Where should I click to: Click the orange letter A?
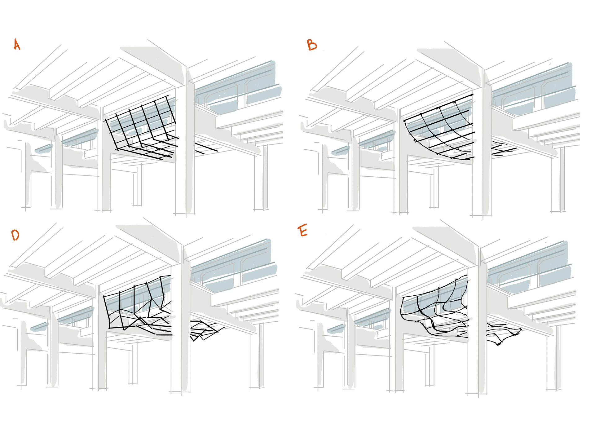pos(17,45)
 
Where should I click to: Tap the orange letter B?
pos(312,45)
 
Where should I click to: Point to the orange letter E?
pos(303,231)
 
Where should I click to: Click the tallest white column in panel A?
pos(189,143)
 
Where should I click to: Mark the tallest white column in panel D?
pos(185,319)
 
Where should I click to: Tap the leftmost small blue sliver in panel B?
pos(340,151)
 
